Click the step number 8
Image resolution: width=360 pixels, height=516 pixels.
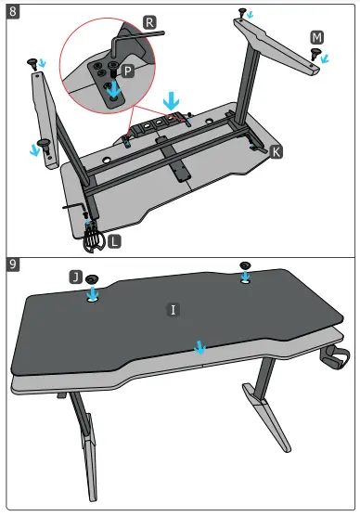point(12,14)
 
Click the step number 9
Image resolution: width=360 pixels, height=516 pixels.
point(12,264)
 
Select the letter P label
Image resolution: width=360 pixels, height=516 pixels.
point(128,71)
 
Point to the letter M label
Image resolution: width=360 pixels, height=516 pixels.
point(317,36)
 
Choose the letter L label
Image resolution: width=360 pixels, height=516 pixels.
point(112,240)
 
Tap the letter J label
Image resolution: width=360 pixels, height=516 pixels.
point(74,277)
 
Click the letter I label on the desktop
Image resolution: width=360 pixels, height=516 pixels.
point(173,307)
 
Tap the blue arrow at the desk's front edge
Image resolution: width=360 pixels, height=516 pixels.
point(198,346)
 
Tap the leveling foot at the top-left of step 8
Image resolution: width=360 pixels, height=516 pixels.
point(36,61)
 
